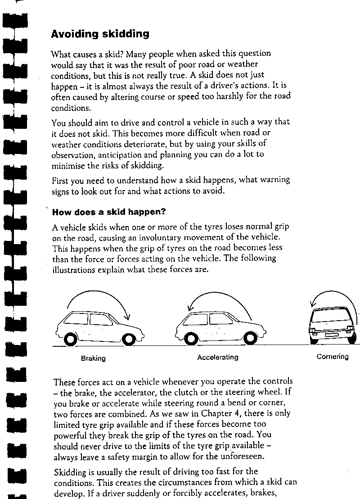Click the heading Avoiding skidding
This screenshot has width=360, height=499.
coord(100,34)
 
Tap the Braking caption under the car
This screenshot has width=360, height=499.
coord(93,358)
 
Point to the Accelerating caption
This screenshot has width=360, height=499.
coord(218,357)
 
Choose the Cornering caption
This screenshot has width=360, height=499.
coord(333,357)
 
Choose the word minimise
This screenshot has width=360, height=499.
coord(67,165)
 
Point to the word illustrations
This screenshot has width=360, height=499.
coord(73,270)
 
